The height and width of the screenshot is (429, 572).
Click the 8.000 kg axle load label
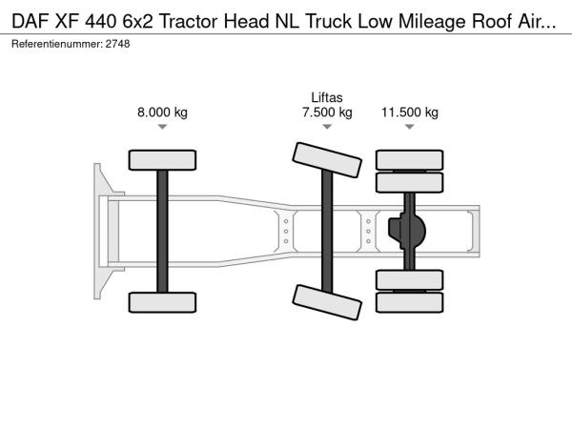coord(162,112)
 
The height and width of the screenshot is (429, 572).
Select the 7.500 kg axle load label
coord(327,112)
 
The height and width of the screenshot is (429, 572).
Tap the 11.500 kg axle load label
coord(410,112)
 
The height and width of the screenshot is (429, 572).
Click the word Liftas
coord(327,97)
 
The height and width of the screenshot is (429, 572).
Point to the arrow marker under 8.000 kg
coord(162,127)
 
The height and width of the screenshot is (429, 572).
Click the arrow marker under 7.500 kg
coord(327,127)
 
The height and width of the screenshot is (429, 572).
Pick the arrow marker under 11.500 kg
coord(410,127)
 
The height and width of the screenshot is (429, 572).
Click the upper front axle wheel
coord(162,160)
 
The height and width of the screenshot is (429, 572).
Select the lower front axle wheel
coord(162,302)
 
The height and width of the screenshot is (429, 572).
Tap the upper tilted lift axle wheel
coord(327,160)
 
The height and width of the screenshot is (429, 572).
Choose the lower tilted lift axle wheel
coord(327,302)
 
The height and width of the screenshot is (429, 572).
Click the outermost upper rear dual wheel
coord(410,160)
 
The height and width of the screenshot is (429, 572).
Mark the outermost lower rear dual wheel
coord(410,302)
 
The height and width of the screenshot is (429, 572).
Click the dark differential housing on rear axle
coord(407,231)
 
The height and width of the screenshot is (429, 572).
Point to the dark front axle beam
coord(162,232)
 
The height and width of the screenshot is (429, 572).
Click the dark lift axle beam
coord(327,232)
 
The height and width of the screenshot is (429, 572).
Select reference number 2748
coord(117,44)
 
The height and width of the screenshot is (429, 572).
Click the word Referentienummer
coord(57,44)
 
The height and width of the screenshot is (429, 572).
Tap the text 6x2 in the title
coord(138,22)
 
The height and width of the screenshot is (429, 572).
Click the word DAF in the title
coord(31,22)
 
